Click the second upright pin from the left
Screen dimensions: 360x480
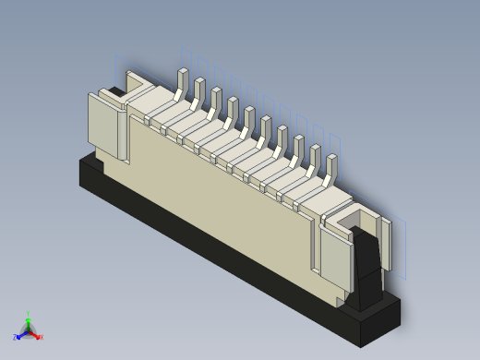point(199,86)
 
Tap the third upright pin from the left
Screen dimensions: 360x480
point(216,95)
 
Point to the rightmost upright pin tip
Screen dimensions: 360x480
point(332,162)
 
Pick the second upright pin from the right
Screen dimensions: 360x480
point(316,152)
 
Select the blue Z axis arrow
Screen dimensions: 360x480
point(20,334)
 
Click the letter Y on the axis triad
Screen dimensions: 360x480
point(29,313)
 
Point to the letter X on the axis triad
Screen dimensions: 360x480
point(42,337)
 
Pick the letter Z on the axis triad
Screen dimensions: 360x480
point(15,338)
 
